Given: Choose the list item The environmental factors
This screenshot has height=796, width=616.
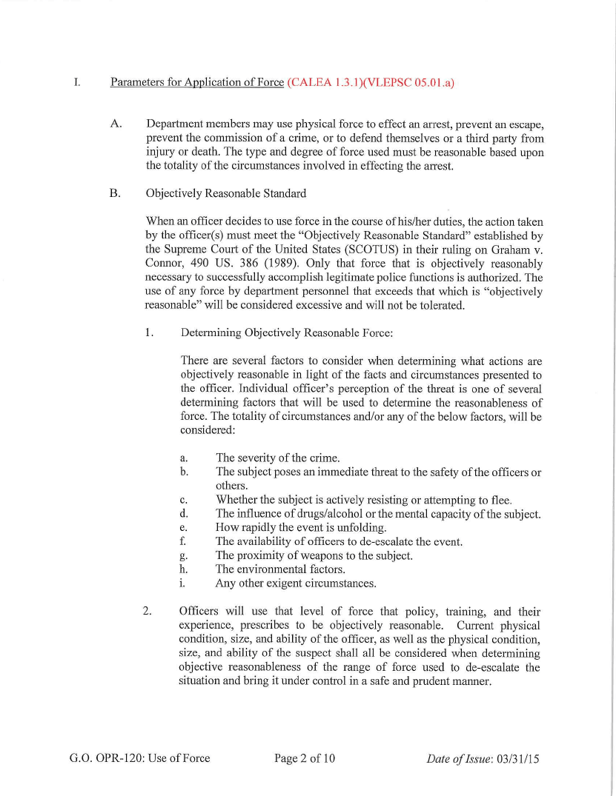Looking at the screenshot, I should point(280,569).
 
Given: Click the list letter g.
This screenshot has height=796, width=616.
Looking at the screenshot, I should point(183,555).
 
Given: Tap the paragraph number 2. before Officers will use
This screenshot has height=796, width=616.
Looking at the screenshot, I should point(148,612).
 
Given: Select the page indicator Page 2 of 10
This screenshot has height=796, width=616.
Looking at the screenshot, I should point(305,757).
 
